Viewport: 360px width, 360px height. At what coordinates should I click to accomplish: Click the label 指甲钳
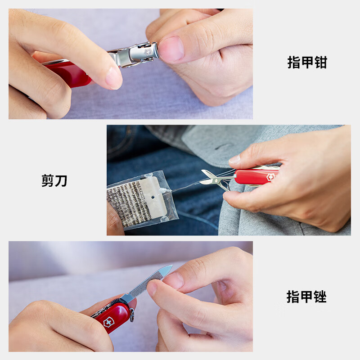307,62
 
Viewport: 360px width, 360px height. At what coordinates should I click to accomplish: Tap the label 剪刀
54,180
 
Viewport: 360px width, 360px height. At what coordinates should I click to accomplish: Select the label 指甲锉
307,297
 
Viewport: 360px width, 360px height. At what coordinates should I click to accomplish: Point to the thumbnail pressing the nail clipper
171,49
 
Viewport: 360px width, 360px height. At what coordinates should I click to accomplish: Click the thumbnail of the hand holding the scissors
234,160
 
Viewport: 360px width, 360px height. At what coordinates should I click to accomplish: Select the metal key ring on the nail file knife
132,315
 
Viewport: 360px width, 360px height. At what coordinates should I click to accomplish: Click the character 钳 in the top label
320,62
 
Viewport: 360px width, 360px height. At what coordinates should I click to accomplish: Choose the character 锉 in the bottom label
320,297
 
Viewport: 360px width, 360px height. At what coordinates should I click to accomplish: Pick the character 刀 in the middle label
61,180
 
